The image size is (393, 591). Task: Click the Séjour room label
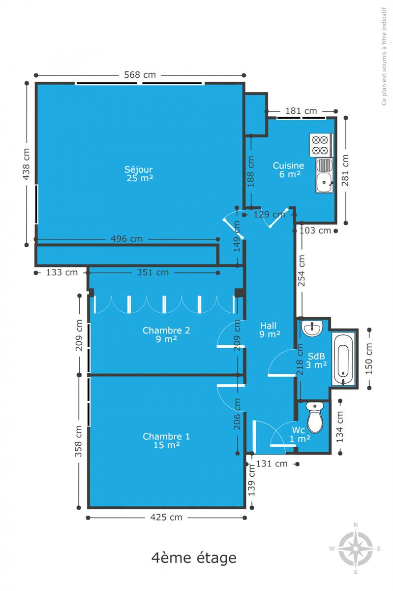(139, 169)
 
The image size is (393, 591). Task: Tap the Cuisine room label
(288, 165)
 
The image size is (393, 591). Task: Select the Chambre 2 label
(166, 330)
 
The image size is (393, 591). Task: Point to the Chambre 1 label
(166, 436)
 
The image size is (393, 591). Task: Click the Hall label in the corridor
(269, 326)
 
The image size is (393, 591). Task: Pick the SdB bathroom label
(316, 356)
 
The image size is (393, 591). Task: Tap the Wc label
(299, 430)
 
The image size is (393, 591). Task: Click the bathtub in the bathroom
(343, 359)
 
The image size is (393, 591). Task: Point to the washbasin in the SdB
(312, 328)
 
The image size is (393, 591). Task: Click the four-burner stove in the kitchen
(321, 145)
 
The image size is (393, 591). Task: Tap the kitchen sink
(325, 175)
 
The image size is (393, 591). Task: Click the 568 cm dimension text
(140, 75)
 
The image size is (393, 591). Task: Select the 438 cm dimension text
(26, 164)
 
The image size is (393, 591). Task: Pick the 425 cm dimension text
(166, 518)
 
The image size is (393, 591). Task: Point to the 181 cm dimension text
(302, 111)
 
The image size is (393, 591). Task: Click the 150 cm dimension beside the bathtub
(369, 359)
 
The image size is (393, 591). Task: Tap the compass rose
(355, 549)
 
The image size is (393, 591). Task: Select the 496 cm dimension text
(126, 239)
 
